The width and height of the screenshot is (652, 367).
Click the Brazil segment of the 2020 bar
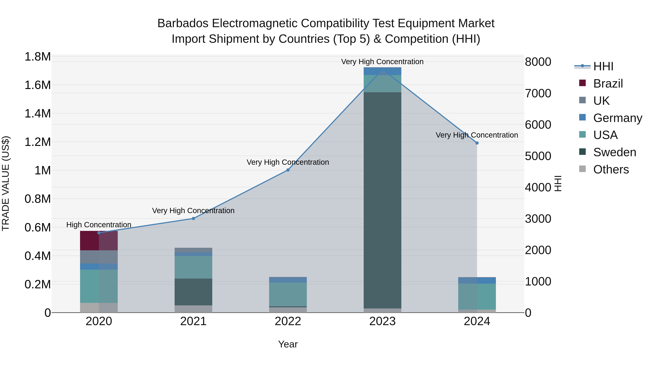pos(99,241)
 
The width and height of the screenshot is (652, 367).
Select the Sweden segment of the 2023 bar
pos(382,200)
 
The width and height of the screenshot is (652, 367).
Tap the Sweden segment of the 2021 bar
pos(193,292)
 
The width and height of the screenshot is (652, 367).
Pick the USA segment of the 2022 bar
pos(288,294)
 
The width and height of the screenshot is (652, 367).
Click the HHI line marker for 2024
pos(477,143)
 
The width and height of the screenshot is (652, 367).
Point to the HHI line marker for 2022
pos(288,170)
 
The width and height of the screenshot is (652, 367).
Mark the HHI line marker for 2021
pos(193,218)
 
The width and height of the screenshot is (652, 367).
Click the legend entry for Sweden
pos(615,152)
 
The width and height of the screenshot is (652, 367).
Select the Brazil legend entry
pos(608,83)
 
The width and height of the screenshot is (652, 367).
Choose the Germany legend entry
pos(617,118)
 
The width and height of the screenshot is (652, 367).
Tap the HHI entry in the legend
pos(603,66)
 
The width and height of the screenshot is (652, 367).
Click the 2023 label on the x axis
pos(382,321)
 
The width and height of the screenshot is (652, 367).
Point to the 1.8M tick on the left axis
pos(37,57)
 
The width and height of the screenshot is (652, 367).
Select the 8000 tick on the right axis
pos(538,62)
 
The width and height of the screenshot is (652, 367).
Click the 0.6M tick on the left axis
pos(37,227)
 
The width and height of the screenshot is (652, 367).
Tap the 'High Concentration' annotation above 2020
pos(99,225)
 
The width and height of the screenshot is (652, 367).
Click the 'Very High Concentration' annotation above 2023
pos(382,62)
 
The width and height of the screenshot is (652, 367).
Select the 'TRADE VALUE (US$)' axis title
pos(6,183)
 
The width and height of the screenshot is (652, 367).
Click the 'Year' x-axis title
pos(288,344)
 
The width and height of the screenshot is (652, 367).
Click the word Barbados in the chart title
pos(183,23)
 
